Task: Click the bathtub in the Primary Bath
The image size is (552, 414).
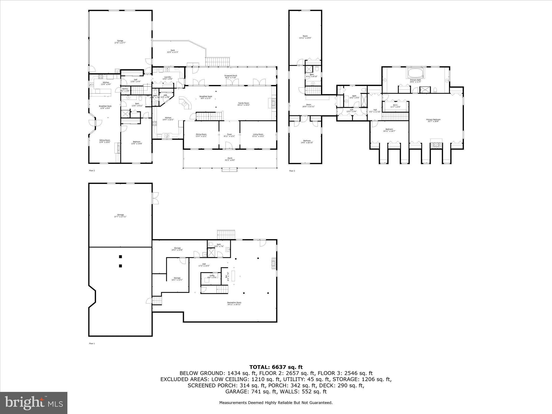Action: [x=416, y=73]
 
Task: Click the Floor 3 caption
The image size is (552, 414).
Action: [x=292, y=171]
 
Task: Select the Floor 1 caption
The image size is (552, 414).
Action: [x=92, y=343]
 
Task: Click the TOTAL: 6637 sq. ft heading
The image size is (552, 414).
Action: [x=276, y=367]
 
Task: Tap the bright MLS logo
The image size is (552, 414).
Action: [x=34, y=403]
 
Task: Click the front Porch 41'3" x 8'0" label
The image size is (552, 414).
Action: [x=230, y=159]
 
